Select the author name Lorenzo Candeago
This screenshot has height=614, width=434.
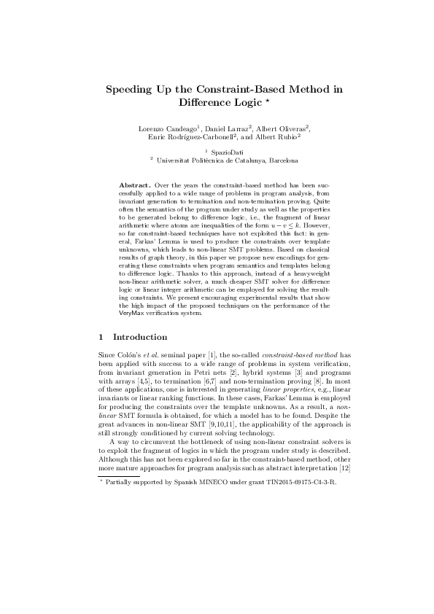pyautogui.click(x=168, y=128)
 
